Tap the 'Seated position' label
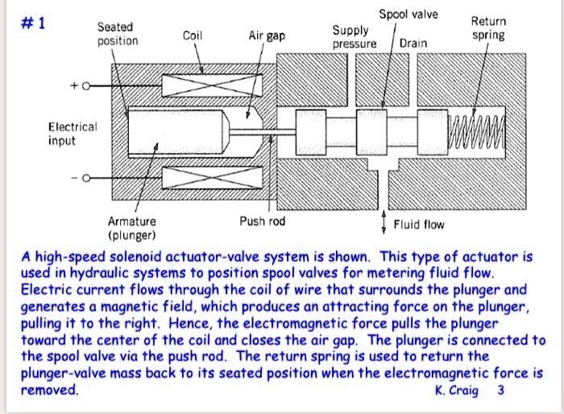[x=118, y=34]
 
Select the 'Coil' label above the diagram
[x=193, y=35]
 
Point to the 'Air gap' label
[x=267, y=36]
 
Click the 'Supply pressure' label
[x=354, y=37]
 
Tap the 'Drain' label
[x=413, y=43]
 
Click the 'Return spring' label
[x=488, y=28]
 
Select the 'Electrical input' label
[x=73, y=134]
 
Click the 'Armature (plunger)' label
[x=132, y=228]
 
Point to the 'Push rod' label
[x=262, y=221]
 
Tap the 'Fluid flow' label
[x=419, y=224]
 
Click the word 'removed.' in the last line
[x=50, y=390]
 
